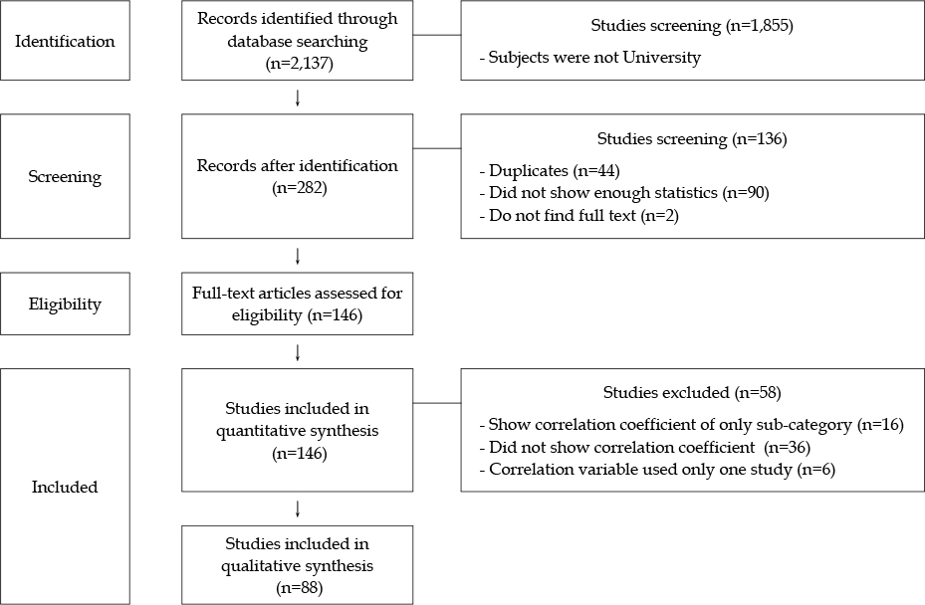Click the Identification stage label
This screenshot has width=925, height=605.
(x=65, y=41)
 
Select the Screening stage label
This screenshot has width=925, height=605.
(x=65, y=177)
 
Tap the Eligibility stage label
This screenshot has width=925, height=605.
(x=65, y=304)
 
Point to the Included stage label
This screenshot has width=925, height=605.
(x=65, y=487)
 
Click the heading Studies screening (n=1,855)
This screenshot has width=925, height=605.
(x=692, y=26)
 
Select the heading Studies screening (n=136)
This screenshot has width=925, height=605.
(x=692, y=139)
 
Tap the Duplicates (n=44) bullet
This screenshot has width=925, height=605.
(x=550, y=171)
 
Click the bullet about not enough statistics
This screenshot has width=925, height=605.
(x=624, y=193)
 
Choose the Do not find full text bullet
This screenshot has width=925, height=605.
(x=578, y=216)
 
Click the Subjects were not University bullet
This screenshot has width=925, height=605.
(x=589, y=58)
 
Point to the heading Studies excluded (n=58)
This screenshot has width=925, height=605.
(x=692, y=393)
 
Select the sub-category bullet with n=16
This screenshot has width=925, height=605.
(x=691, y=425)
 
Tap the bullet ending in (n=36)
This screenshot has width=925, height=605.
(x=645, y=448)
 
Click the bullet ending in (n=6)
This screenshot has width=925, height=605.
(x=657, y=470)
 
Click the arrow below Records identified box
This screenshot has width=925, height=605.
(x=298, y=98)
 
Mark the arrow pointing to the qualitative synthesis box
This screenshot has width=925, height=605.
(x=298, y=509)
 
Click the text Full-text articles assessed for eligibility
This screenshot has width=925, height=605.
(x=298, y=304)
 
